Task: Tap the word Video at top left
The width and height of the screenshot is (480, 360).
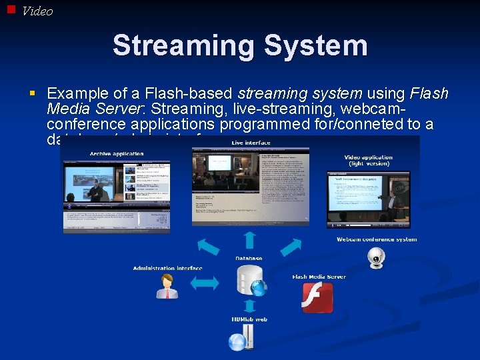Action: tap(37, 11)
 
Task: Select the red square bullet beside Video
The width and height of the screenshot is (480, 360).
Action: tap(11, 9)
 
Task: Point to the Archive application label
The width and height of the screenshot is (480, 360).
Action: tap(117, 153)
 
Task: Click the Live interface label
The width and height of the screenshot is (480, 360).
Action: tap(251, 143)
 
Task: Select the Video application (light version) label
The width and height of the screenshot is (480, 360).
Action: tap(368, 161)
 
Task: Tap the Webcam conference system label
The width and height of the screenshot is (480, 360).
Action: tap(377, 239)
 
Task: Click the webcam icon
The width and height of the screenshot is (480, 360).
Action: tap(377, 257)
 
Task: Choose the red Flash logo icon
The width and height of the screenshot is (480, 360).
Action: tap(318, 297)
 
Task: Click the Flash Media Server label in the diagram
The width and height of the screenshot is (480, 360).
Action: tap(319, 277)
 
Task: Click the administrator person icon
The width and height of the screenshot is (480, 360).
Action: tap(167, 286)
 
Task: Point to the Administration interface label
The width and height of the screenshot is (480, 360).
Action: tap(167, 268)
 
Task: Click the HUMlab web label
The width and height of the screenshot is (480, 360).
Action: tap(249, 319)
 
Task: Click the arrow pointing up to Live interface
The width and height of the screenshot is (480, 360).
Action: tap(249, 240)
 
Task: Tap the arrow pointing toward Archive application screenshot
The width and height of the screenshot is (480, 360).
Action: tap(208, 247)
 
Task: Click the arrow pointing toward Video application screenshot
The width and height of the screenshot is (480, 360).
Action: tap(291, 246)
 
